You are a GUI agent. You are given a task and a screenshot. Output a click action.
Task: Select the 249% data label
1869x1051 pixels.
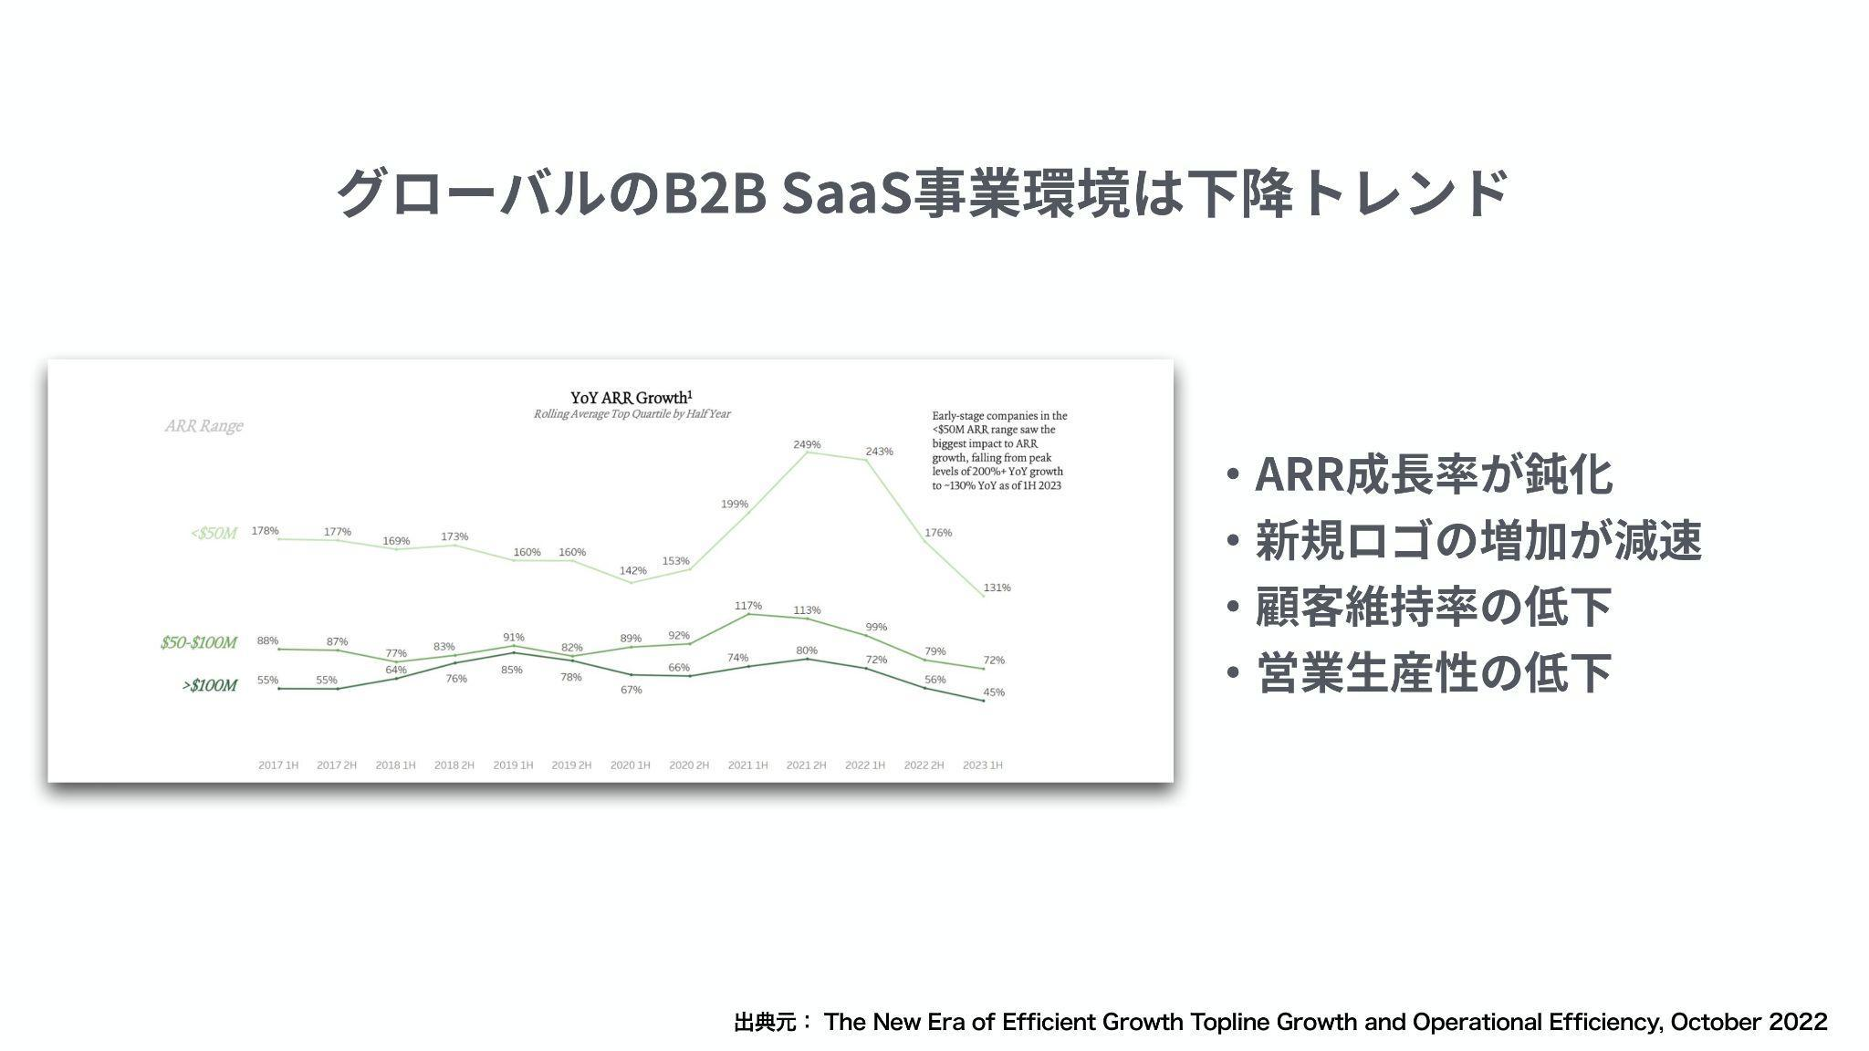(807, 445)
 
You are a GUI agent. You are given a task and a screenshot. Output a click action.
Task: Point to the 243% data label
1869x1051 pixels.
(879, 452)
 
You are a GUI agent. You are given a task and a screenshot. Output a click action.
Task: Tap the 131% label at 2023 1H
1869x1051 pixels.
(997, 588)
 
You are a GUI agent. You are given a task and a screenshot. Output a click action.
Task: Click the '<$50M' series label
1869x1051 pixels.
(214, 533)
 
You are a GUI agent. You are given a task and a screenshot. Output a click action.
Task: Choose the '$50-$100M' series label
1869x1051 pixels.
(198, 642)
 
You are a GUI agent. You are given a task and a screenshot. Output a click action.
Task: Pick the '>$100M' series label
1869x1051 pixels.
(209, 685)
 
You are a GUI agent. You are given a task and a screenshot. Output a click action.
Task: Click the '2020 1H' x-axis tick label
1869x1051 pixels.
(630, 765)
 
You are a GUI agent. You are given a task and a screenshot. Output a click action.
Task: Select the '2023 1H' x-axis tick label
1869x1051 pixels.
(982, 765)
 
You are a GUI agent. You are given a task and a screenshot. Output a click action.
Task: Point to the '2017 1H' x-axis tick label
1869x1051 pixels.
(277, 765)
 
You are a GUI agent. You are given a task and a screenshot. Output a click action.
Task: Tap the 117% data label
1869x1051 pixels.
(748, 606)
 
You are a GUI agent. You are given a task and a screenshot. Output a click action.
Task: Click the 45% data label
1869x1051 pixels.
(994, 692)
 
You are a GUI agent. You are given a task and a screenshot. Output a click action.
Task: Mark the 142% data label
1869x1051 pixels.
(632, 571)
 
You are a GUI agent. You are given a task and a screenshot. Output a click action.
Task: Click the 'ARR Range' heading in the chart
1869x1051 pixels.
(204, 426)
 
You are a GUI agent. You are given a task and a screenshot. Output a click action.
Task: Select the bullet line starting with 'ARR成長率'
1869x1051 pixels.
(1434, 474)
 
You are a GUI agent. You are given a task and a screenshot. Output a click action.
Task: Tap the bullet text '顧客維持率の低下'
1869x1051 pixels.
(1434, 607)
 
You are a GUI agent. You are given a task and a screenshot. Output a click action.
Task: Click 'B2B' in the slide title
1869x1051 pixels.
(715, 193)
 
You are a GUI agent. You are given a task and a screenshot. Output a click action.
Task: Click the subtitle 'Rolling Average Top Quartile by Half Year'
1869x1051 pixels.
(632, 414)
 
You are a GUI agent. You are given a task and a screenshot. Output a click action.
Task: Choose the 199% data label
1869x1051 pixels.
(735, 505)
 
